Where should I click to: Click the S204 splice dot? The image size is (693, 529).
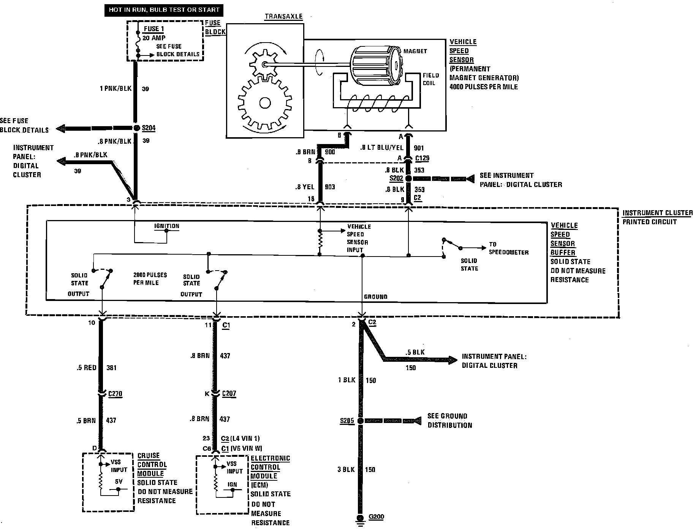pos(137,128)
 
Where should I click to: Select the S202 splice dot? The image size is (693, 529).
pos(408,178)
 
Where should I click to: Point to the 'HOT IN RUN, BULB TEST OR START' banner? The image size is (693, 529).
pos(164,10)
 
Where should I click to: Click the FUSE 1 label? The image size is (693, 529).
pos(154,29)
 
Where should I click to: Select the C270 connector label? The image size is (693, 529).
pos(115,394)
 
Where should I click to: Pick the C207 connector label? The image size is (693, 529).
pos(229,394)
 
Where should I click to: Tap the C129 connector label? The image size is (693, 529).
pos(422,158)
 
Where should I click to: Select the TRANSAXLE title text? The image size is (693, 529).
pos(283,16)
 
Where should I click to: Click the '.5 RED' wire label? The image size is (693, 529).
pos(86,367)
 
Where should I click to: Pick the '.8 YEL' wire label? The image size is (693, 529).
pos(305,187)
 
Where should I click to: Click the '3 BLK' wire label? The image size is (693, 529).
pos(346,470)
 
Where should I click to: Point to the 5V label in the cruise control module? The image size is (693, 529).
pos(119,481)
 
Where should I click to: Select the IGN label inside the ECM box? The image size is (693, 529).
pos(232,485)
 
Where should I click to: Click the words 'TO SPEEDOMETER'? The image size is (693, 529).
pos(508,248)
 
